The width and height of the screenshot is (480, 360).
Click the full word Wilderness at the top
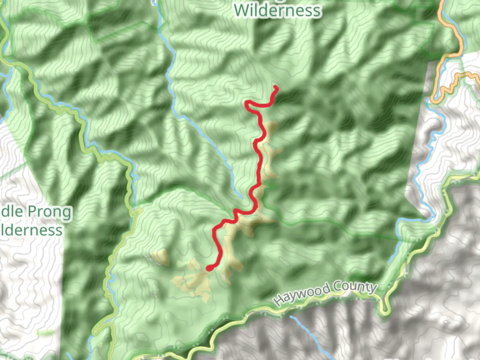point(277,11)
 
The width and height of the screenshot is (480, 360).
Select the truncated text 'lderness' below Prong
point(31,230)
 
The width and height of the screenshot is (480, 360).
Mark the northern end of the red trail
point(276,87)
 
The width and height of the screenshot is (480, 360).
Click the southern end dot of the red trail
point(209,268)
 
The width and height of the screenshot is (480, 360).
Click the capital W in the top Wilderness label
point(241,11)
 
